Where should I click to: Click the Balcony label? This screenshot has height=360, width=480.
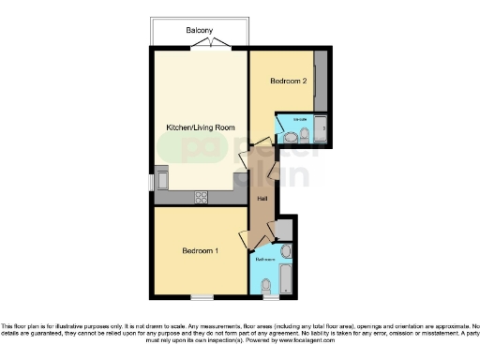click(199, 29)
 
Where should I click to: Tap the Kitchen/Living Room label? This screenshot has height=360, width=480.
click(200, 127)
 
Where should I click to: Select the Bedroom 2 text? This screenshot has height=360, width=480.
click(289, 81)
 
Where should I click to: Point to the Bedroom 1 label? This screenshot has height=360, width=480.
click(200, 251)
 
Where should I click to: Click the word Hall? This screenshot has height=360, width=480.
click(264, 200)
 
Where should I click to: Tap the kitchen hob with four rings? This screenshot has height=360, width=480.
click(201, 197)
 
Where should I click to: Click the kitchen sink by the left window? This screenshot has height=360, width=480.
click(162, 178)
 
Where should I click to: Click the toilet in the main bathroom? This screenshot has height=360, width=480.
click(265, 285)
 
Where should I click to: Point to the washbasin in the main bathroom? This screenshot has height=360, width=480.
click(286, 251)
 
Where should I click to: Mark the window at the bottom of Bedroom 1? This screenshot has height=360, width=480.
click(201, 297)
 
